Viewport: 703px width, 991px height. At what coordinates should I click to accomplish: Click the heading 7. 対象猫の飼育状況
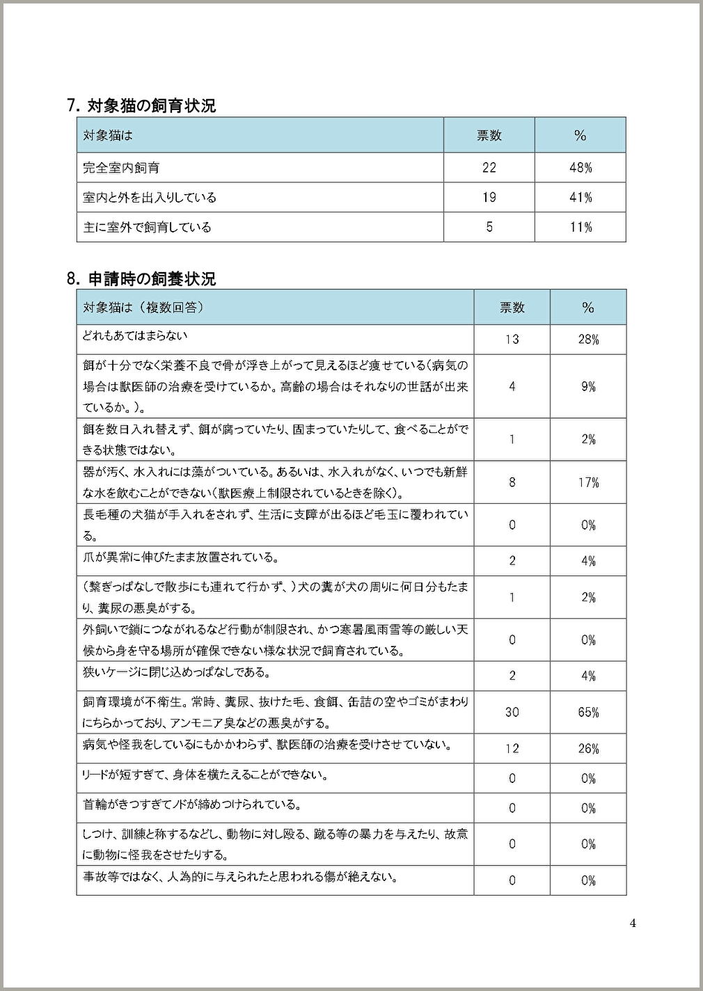141,106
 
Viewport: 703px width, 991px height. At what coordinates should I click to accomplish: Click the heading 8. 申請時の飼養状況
141,279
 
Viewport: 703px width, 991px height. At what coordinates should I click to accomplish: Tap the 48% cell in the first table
580,168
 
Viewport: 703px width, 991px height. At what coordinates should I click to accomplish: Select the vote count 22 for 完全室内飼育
489,168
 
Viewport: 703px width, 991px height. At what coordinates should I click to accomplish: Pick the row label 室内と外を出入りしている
150,198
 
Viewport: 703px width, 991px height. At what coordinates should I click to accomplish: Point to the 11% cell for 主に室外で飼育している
580,228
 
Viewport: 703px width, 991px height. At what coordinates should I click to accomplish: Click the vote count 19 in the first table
489,198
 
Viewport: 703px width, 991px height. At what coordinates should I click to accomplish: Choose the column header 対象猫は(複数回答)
143,308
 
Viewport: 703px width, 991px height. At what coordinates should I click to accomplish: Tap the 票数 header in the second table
512,308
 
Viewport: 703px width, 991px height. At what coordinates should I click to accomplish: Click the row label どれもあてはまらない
135,335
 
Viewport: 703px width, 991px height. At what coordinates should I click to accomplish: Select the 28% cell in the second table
588,340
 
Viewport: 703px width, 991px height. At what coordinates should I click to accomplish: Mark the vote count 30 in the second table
512,712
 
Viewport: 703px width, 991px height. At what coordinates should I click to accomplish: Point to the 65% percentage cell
588,712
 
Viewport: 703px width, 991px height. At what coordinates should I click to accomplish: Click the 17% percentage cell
588,482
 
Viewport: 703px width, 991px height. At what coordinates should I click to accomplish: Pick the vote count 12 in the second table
512,749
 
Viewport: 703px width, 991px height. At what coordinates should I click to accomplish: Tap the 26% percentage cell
588,749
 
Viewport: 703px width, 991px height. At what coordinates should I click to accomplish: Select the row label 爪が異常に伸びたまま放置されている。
181,557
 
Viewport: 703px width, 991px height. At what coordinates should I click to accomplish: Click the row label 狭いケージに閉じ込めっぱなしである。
177,672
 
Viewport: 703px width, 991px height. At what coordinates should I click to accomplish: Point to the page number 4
632,924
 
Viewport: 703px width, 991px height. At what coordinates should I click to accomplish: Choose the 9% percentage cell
588,386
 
